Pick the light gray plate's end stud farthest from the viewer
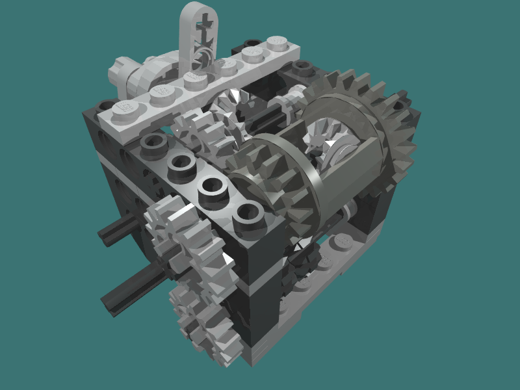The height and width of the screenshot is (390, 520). click(x=278, y=43)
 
